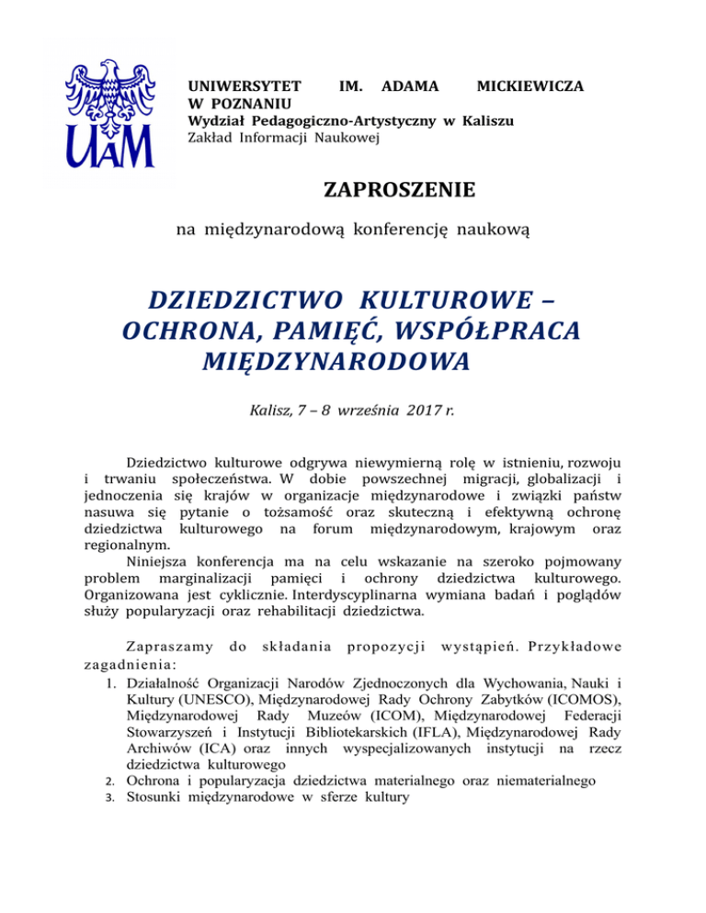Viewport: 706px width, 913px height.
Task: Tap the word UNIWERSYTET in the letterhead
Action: [233, 85]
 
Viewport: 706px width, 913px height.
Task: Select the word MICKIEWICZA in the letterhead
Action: [532, 85]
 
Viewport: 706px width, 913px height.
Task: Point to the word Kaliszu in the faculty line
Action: [489, 120]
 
